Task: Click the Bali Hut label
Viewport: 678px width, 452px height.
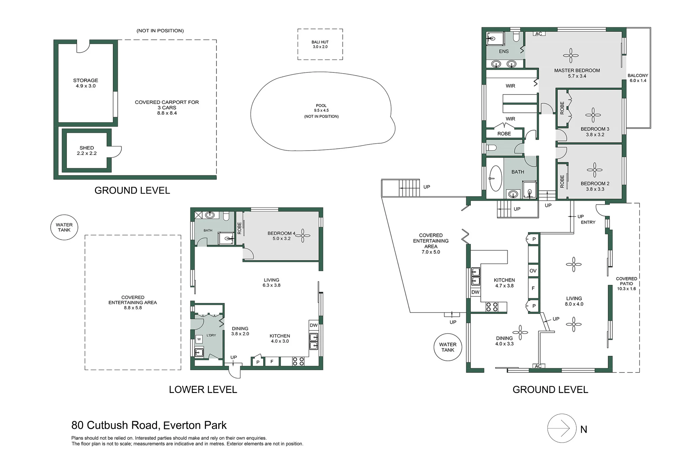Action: pos(320,44)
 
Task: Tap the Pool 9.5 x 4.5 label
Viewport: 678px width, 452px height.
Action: pos(321,108)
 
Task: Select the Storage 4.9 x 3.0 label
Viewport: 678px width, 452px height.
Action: pos(85,83)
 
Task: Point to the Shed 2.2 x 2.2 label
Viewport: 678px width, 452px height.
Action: pos(87,151)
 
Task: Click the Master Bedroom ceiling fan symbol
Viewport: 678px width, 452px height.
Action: pos(571,56)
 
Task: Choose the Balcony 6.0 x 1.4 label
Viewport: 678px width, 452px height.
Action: pos(638,78)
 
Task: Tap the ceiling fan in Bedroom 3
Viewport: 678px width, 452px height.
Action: pos(593,115)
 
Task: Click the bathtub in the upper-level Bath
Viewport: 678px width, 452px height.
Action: pos(496,178)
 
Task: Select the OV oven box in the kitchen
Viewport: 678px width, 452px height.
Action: pos(533,271)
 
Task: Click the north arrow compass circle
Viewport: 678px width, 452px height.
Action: pos(562,429)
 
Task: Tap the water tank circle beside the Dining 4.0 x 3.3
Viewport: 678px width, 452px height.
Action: pos(448,347)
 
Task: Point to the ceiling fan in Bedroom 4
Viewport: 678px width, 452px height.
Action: pos(303,235)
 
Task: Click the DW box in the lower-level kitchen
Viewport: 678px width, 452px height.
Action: pos(314,325)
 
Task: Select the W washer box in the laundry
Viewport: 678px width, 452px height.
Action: pos(199,339)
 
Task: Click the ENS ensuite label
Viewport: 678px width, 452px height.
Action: pos(504,52)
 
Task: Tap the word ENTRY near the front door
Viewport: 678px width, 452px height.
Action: pos(588,222)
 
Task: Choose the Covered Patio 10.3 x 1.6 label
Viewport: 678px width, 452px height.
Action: pos(626,284)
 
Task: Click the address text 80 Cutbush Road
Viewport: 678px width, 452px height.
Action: pos(115,425)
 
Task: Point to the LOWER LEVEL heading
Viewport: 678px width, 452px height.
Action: pos(203,390)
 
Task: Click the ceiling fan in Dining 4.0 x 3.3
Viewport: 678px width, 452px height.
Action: pos(520,333)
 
